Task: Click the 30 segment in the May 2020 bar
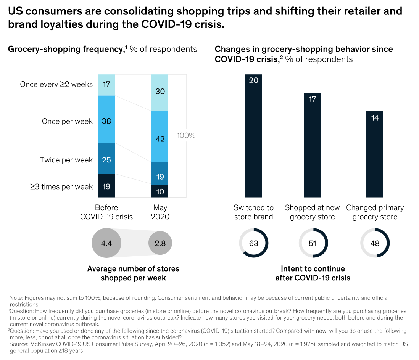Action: coord(160,92)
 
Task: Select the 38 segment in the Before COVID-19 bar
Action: coord(106,119)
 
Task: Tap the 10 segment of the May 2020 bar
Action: coord(160,191)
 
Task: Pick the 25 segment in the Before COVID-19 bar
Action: coord(106,158)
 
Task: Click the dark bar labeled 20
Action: coord(253,135)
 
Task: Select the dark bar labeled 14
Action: coord(374,154)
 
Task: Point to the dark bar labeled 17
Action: coord(312,145)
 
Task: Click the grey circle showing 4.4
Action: coord(106,243)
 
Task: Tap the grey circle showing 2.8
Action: coord(160,243)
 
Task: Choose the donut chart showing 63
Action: coord(254,243)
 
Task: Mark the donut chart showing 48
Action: coord(375,243)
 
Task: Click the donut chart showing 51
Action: coord(313,243)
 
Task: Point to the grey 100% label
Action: coord(186,135)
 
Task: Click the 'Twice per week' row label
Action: coord(66,160)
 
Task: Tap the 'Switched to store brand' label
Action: coord(254,212)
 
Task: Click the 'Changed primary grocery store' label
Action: coord(375,212)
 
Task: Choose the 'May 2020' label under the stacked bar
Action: coord(160,212)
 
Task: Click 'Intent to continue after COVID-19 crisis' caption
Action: coord(313,273)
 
